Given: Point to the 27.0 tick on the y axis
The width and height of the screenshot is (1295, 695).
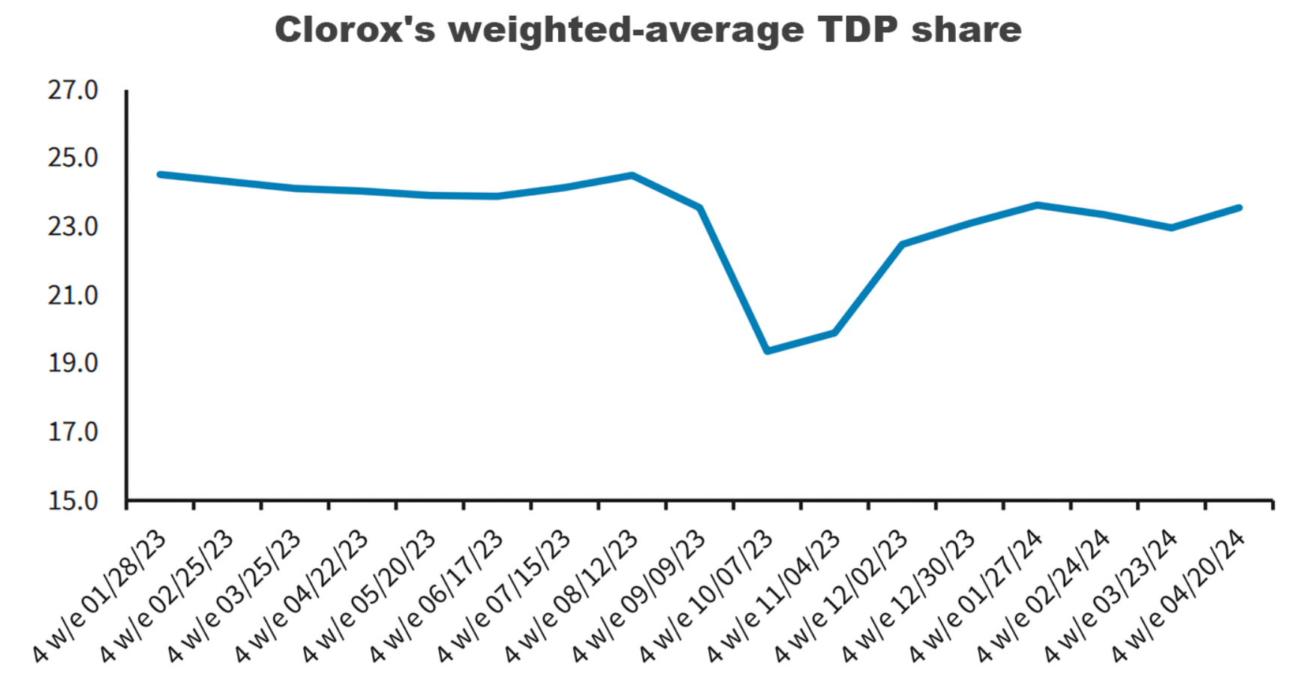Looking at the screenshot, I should [x=73, y=91].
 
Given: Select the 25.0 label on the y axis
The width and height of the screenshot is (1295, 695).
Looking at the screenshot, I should [x=73, y=158].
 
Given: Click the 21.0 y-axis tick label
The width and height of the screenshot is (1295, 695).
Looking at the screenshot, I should [x=73, y=296].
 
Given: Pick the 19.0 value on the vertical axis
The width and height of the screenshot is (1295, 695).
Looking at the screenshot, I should [x=73, y=363].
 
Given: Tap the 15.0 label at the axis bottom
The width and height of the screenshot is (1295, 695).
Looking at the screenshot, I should [x=73, y=501].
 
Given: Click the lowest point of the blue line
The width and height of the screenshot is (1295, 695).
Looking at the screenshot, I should [x=767, y=351].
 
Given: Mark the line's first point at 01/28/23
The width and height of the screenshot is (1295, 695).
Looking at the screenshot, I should [x=160, y=174].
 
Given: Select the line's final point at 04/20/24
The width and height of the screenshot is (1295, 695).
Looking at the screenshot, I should [x=1239, y=208].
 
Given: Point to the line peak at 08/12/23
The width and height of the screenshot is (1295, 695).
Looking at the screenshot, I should [x=632, y=176].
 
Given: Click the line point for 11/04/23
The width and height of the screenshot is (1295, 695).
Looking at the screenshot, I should [x=834, y=332].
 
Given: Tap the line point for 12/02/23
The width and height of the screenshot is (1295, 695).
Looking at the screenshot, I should [x=902, y=244].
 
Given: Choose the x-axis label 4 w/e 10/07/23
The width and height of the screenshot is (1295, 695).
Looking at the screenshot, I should [x=707, y=597].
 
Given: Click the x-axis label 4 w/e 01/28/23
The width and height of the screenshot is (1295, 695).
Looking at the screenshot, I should [x=100, y=597].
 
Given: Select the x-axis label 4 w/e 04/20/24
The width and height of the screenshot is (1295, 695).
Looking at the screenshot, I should [x=1179, y=597].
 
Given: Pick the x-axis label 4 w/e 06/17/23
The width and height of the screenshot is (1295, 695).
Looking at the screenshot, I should [x=437, y=597].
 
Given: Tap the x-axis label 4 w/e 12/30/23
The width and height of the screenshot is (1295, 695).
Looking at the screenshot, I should [x=909, y=597].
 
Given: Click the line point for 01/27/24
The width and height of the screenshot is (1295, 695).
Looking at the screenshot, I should [x=1037, y=205].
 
